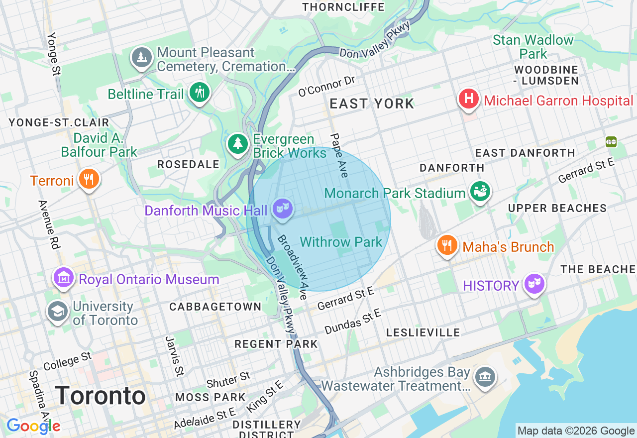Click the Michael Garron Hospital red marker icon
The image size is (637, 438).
click(x=468, y=100)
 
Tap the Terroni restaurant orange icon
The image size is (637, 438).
click(x=89, y=179)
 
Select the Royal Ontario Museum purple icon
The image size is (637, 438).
click(x=64, y=278)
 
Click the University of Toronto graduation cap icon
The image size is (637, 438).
click(x=58, y=312)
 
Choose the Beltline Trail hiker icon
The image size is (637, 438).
click(x=200, y=93)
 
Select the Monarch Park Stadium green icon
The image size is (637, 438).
click(x=480, y=192)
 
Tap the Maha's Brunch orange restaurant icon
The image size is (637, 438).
click(x=447, y=245)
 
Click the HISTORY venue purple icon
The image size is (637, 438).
click(x=534, y=284)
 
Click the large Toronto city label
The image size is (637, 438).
click(x=100, y=396)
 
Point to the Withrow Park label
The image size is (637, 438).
click(x=341, y=242)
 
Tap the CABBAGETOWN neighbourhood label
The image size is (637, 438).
click(x=215, y=307)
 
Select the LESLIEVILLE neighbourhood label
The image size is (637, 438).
click(x=423, y=332)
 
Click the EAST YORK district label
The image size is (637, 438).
click(x=372, y=104)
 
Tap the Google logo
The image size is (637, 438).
click(x=33, y=426)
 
